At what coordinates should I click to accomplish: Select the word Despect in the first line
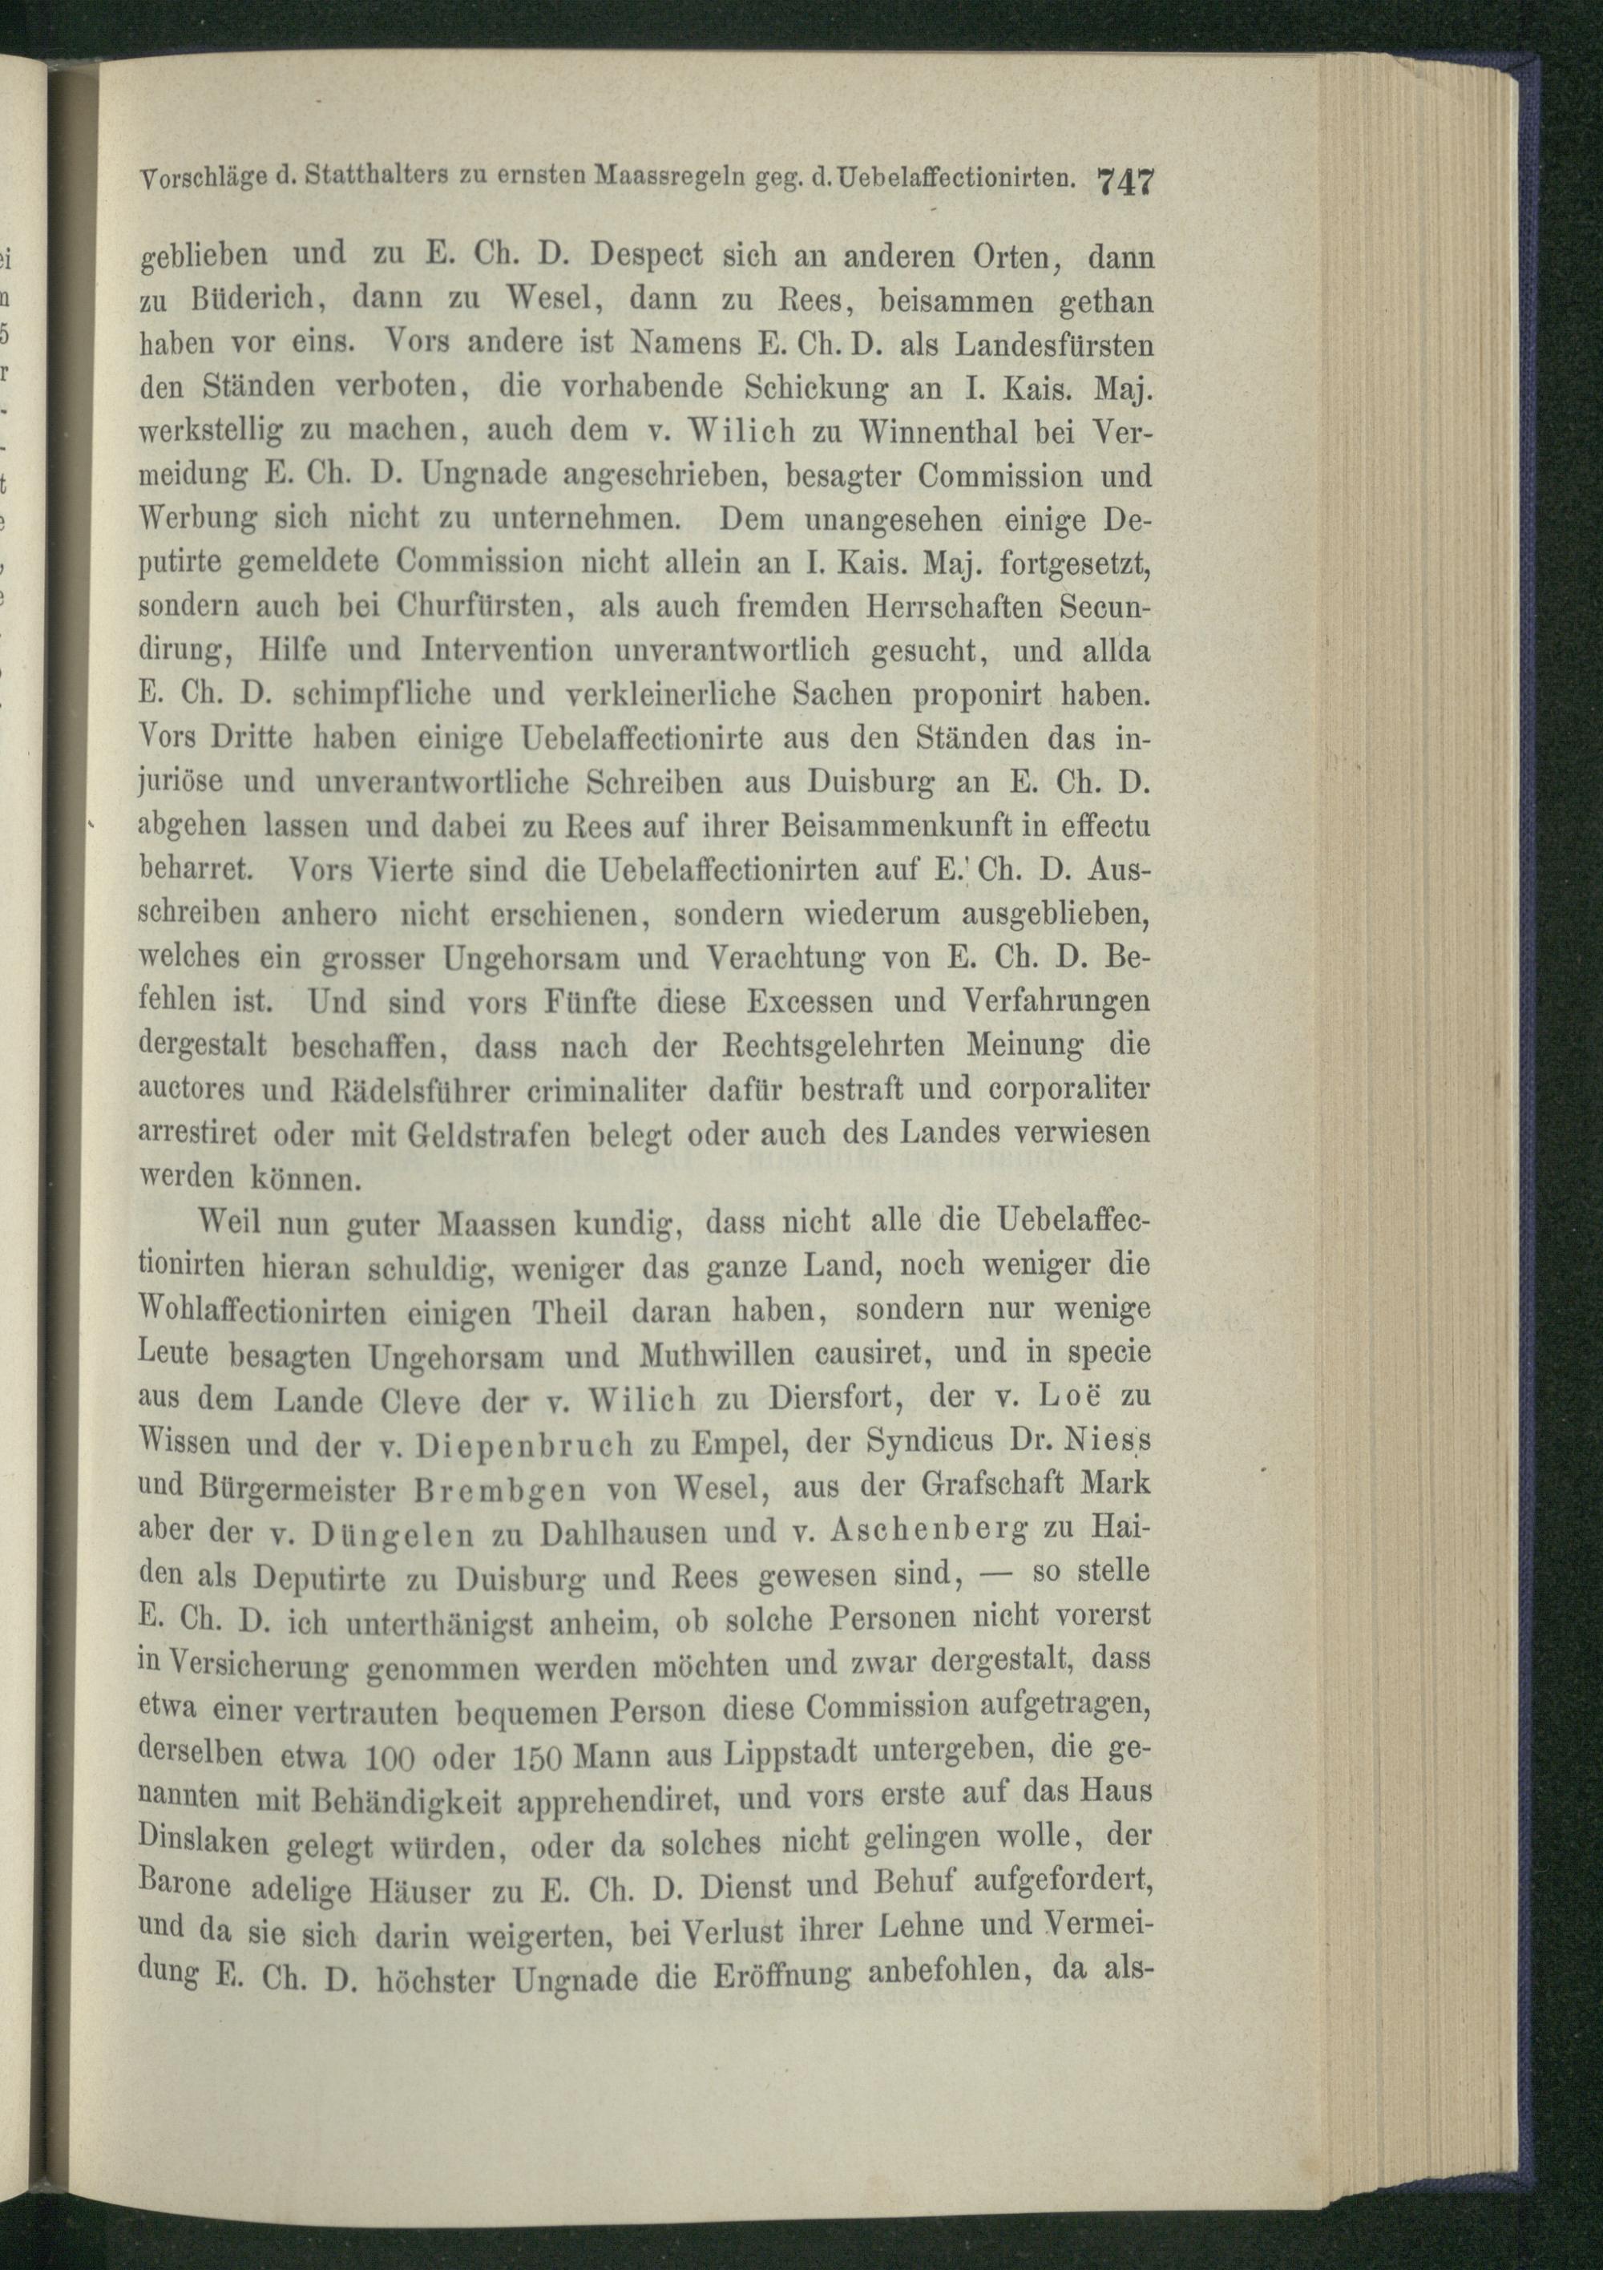(x=646, y=256)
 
